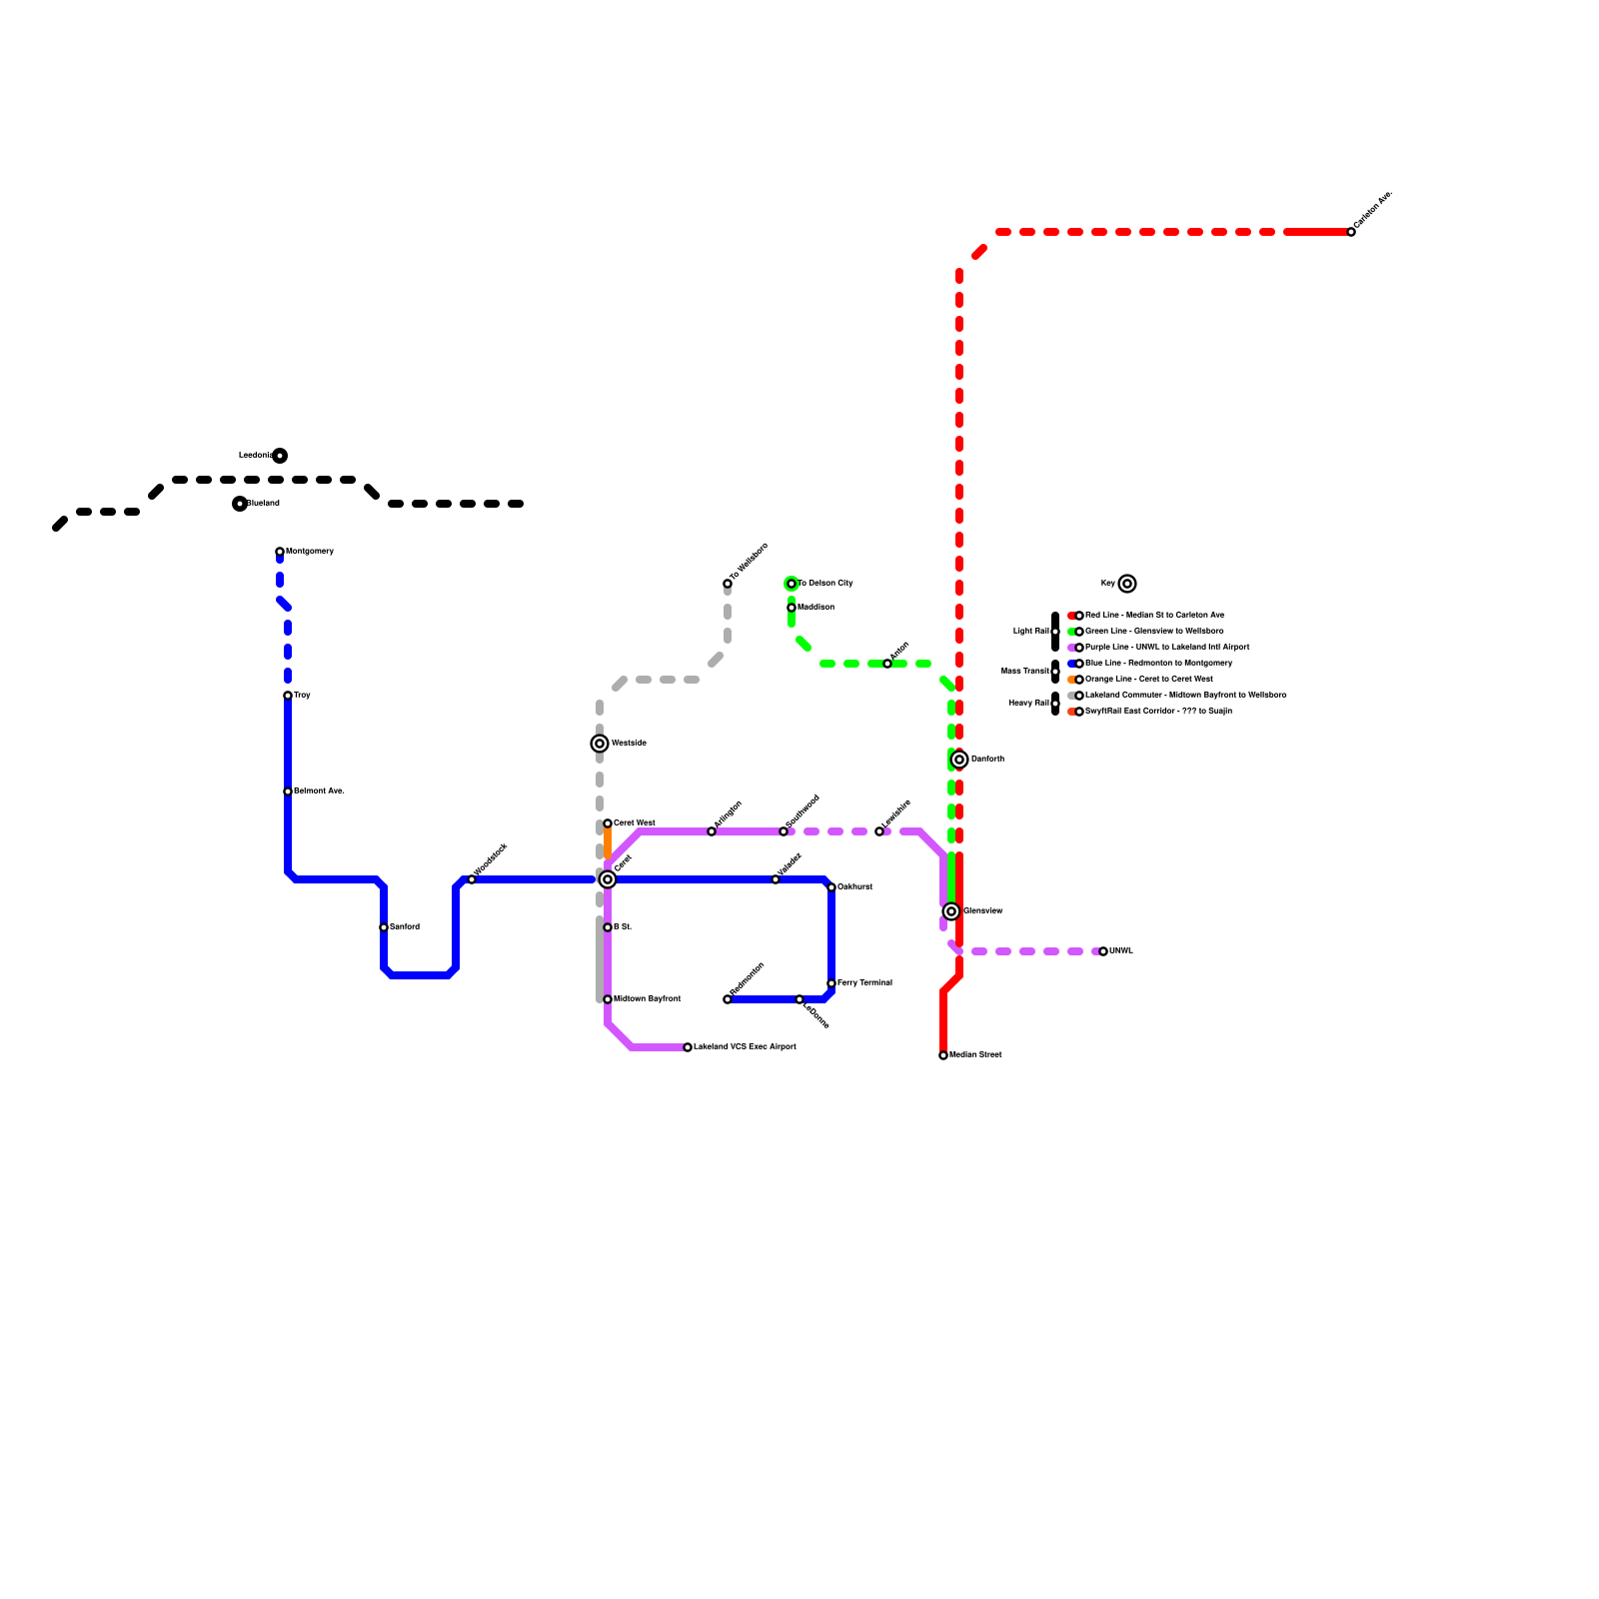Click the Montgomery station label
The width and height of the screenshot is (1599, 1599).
tap(310, 552)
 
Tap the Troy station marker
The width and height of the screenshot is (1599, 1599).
tap(288, 696)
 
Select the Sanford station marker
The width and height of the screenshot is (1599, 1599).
tap(384, 927)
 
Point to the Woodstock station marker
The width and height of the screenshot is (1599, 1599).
tap(472, 879)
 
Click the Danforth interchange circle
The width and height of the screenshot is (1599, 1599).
tap(959, 760)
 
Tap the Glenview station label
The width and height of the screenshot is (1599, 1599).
tap(983, 911)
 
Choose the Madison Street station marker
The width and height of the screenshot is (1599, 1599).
tap(943, 1055)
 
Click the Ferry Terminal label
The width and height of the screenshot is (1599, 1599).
tap(864, 983)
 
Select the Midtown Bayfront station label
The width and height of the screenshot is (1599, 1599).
tap(647, 999)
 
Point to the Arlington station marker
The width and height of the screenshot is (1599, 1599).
tap(712, 831)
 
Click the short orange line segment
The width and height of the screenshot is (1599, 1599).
tap(608, 842)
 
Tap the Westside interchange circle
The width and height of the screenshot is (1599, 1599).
tap(600, 744)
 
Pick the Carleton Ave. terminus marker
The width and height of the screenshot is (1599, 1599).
tap(1351, 232)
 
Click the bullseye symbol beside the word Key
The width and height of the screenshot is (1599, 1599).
tap(1127, 584)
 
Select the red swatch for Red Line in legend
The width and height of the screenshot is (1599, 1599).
tap(1071, 616)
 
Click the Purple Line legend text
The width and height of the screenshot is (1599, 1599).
tap(1167, 648)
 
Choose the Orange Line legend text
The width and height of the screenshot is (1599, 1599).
tap(1149, 680)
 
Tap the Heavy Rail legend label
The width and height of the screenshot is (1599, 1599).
tap(1028, 704)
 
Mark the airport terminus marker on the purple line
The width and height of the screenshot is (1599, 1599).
tap(688, 1047)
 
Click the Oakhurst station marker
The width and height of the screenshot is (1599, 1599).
tap(831, 887)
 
